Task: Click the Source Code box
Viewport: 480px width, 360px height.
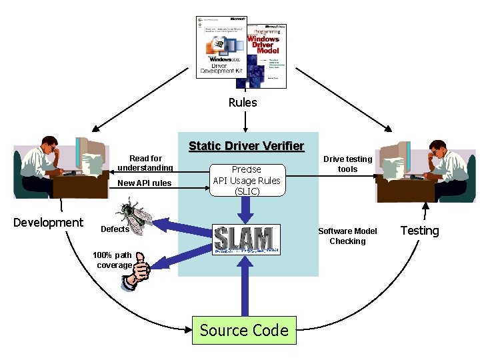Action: pyautogui.click(x=244, y=330)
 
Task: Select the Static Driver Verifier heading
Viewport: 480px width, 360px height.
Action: pyautogui.click(x=246, y=146)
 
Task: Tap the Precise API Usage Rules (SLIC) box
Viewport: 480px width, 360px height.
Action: pyautogui.click(x=247, y=181)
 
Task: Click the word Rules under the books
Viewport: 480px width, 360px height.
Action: pyautogui.click(x=243, y=103)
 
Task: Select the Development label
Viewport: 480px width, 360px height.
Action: pyautogui.click(x=49, y=223)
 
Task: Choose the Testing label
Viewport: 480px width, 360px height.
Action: pyautogui.click(x=419, y=231)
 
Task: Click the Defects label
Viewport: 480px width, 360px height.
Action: pyautogui.click(x=115, y=229)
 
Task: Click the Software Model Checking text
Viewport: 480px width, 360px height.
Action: pyautogui.click(x=347, y=236)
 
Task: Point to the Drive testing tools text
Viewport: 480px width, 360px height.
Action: pyautogui.click(x=347, y=164)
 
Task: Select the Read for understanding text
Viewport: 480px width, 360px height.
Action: pyautogui.click(x=145, y=163)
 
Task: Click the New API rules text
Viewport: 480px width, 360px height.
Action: pyautogui.click(x=144, y=183)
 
